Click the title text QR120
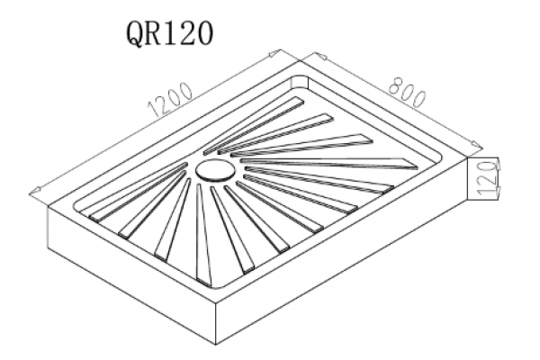tap(170, 33)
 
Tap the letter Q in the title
tap(138, 34)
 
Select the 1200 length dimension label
tap(170, 99)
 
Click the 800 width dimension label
tap(408, 91)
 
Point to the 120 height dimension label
tap(489, 179)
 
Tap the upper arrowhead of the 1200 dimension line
tap(274, 53)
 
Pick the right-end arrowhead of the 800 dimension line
tap(477, 145)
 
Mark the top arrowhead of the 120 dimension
tap(497, 164)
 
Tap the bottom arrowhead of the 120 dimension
tap(498, 193)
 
